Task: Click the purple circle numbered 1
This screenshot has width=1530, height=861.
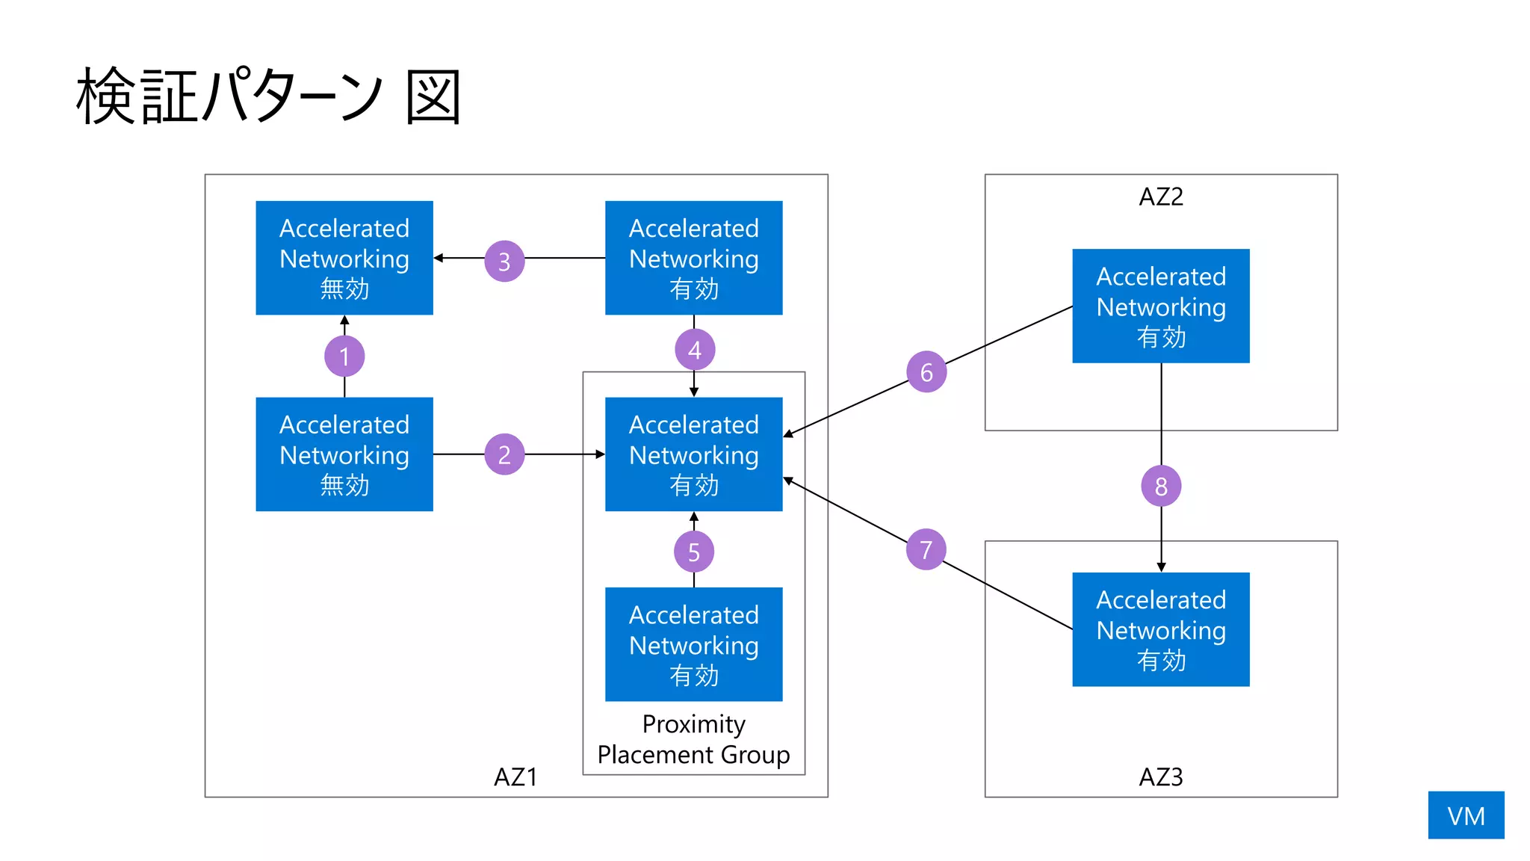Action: click(344, 357)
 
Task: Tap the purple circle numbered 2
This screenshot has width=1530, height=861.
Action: click(504, 454)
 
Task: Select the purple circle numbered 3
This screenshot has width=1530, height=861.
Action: click(504, 261)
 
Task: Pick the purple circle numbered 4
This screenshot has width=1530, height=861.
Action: click(695, 349)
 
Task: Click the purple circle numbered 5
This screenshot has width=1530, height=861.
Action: click(694, 552)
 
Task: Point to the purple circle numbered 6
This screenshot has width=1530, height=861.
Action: click(926, 371)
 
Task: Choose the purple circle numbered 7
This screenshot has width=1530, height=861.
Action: click(926, 549)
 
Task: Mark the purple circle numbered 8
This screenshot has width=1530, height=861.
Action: click(1161, 486)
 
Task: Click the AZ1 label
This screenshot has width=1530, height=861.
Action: click(515, 777)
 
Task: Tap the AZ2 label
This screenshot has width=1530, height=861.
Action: click(1161, 197)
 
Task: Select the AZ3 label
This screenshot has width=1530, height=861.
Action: click(1161, 777)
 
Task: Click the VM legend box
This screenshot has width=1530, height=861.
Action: click(1466, 815)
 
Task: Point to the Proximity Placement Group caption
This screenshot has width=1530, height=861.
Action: click(693, 739)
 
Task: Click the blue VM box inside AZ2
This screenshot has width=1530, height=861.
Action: click(1161, 306)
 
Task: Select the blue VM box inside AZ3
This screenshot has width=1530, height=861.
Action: click(1161, 629)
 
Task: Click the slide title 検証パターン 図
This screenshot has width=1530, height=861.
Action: click(269, 96)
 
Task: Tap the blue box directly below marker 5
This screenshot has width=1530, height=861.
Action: click(693, 644)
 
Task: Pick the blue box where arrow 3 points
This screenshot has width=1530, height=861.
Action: click(344, 258)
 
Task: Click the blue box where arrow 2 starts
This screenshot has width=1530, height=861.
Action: click(344, 454)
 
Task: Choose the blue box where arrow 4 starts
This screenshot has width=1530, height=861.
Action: click(693, 258)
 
